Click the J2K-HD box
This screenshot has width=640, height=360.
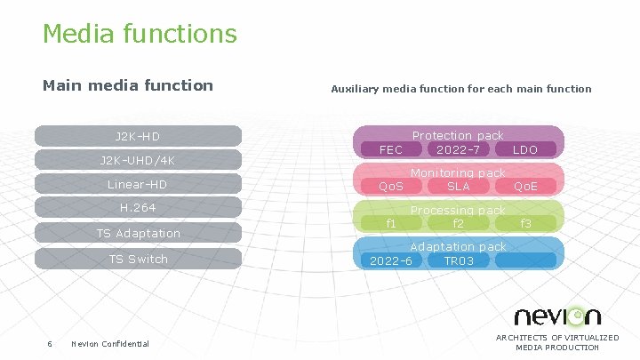tap(138, 136)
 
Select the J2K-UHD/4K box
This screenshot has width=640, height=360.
tap(138, 160)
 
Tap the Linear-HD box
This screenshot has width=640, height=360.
tap(138, 184)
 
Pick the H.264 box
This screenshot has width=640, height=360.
tap(138, 208)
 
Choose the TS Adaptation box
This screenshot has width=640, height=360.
tap(138, 233)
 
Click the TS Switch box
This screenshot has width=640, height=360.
tap(138, 259)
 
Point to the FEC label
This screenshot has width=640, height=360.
tap(391, 149)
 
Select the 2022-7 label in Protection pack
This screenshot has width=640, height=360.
tap(459, 149)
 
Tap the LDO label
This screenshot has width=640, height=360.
tap(525, 149)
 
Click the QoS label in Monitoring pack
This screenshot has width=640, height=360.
tap(391, 186)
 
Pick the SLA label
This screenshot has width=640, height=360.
tap(459, 186)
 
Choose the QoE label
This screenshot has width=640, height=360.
tap(525, 186)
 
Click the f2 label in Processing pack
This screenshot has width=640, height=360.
tap(459, 223)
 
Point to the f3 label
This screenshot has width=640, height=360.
tap(525, 223)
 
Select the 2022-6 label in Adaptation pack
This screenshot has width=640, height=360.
tap(391, 260)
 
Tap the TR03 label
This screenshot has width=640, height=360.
tap(459, 260)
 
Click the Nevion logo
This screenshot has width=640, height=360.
tap(557, 316)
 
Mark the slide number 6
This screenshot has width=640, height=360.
tap(50, 344)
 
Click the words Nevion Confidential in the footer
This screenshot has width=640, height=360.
tap(110, 344)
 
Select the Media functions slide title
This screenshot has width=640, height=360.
tap(140, 34)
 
